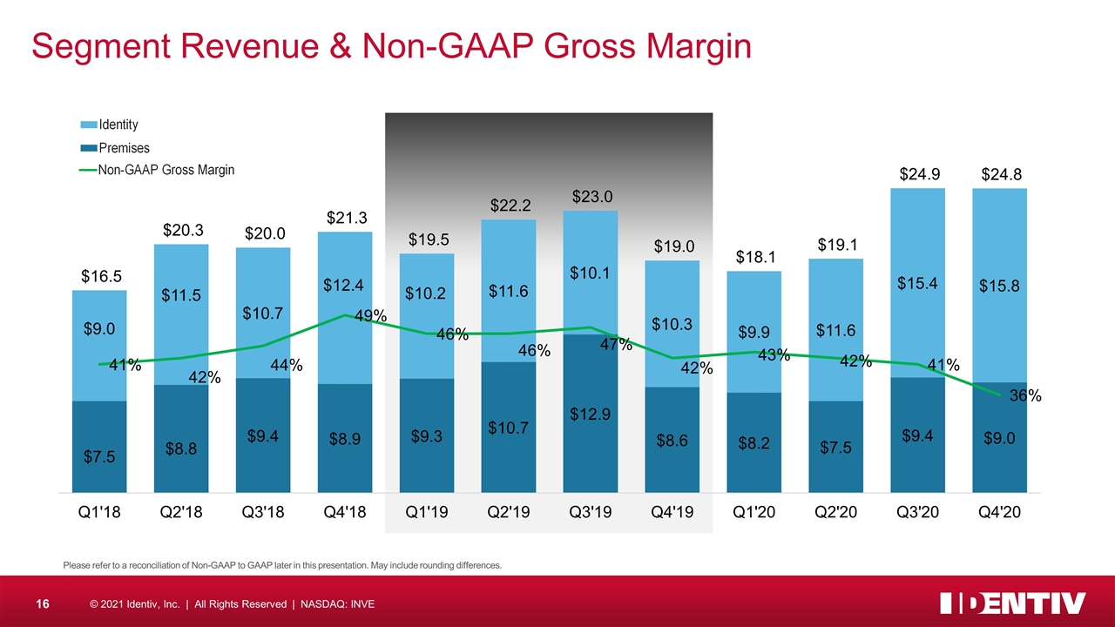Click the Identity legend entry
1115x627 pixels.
(x=118, y=125)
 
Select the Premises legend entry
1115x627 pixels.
(x=123, y=148)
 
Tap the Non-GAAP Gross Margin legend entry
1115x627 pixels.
(x=166, y=170)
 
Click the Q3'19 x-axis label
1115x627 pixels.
(x=590, y=513)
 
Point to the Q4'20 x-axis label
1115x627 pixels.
(x=998, y=513)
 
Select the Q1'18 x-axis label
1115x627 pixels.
(x=98, y=513)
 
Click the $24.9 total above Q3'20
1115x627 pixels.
(x=917, y=176)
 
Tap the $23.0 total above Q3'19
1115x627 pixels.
(x=590, y=198)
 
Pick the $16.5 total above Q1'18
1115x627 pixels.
(x=98, y=278)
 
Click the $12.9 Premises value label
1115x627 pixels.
(x=590, y=414)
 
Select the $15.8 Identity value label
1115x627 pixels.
(x=998, y=286)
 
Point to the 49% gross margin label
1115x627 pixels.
(x=371, y=317)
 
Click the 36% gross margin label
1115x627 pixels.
(x=1025, y=396)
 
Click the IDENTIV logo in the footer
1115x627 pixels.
(x=1013, y=603)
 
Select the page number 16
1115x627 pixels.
(x=40, y=603)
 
